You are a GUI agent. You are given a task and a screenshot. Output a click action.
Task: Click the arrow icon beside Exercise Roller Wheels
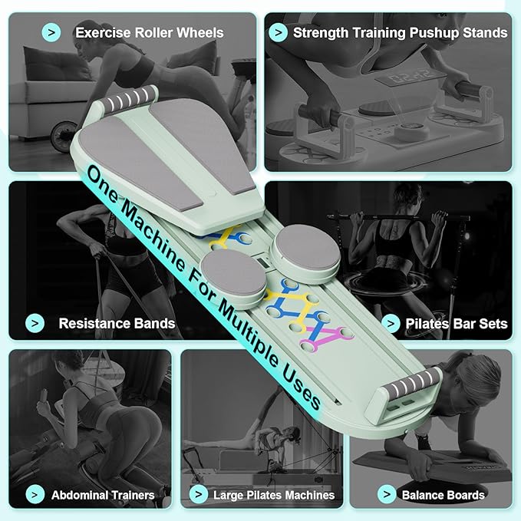click(51, 32)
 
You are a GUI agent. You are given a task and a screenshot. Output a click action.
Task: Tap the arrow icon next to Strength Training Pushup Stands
click(278, 32)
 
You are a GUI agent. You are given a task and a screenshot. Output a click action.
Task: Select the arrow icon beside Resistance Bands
click(35, 323)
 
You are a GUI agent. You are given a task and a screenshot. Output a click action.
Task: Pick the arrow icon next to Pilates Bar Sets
click(391, 323)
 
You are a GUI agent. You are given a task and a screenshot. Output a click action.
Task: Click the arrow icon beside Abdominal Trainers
click(35, 494)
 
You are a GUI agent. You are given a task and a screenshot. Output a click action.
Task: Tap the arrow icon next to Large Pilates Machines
click(199, 494)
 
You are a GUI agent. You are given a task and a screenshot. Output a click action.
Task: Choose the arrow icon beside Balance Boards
click(387, 494)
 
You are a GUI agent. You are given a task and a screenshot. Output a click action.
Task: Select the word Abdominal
click(76, 495)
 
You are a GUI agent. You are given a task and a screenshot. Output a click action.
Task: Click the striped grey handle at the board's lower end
click(411, 382)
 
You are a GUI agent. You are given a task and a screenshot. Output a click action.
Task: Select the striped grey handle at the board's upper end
click(128, 97)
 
